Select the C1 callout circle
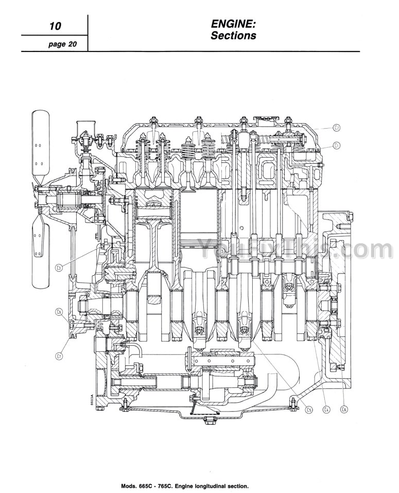[x=336, y=145]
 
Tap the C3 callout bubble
[x=59, y=267]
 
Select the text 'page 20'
[x=62, y=44]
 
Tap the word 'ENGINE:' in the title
[x=233, y=24]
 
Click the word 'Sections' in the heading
[x=233, y=36]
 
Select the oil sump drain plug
[x=209, y=421]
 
